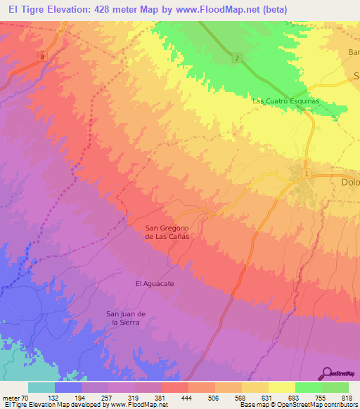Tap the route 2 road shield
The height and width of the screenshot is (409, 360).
[238, 58]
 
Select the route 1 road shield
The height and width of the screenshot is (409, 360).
[307, 172]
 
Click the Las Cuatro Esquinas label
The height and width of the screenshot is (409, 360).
[285, 101]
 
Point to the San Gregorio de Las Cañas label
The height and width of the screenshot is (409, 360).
[167, 232]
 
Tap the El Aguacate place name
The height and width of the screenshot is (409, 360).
[154, 283]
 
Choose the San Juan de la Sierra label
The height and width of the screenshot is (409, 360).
[125, 317]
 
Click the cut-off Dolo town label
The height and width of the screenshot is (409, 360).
[345, 182]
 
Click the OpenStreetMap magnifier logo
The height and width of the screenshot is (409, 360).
[327, 374]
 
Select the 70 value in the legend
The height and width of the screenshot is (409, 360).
[25, 397]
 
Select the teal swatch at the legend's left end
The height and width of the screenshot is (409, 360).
[41, 387]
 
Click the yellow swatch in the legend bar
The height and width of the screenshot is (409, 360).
[281, 387]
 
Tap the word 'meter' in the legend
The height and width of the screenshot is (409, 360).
[11, 397]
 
